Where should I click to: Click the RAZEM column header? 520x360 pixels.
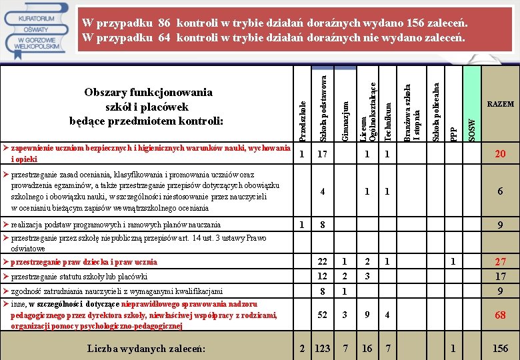coord(500,104)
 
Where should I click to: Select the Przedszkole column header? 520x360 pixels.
coord(302,120)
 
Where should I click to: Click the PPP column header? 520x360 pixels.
coord(453,133)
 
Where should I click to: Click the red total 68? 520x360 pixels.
coord(499,315)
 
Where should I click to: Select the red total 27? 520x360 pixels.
coord(499,262)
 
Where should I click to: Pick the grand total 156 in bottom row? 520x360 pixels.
coord(499,349)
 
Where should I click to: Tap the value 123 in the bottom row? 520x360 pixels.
coord(323,349)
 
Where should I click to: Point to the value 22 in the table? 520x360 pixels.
coord(323,262)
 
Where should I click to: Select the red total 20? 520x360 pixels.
coord(499,154)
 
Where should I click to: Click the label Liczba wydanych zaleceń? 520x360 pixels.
coord(146,349)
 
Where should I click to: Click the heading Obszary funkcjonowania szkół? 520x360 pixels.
coord(146,106)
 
